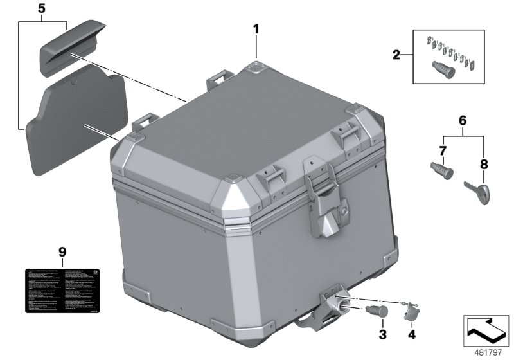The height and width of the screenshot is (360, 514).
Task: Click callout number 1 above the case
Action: coord(256,28)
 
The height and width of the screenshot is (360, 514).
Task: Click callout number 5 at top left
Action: coord(42,9)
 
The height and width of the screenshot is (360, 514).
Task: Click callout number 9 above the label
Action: coord(62,251)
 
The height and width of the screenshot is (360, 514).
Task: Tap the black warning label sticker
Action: coord(62,290)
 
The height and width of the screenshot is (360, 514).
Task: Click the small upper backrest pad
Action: coord(72,48)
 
